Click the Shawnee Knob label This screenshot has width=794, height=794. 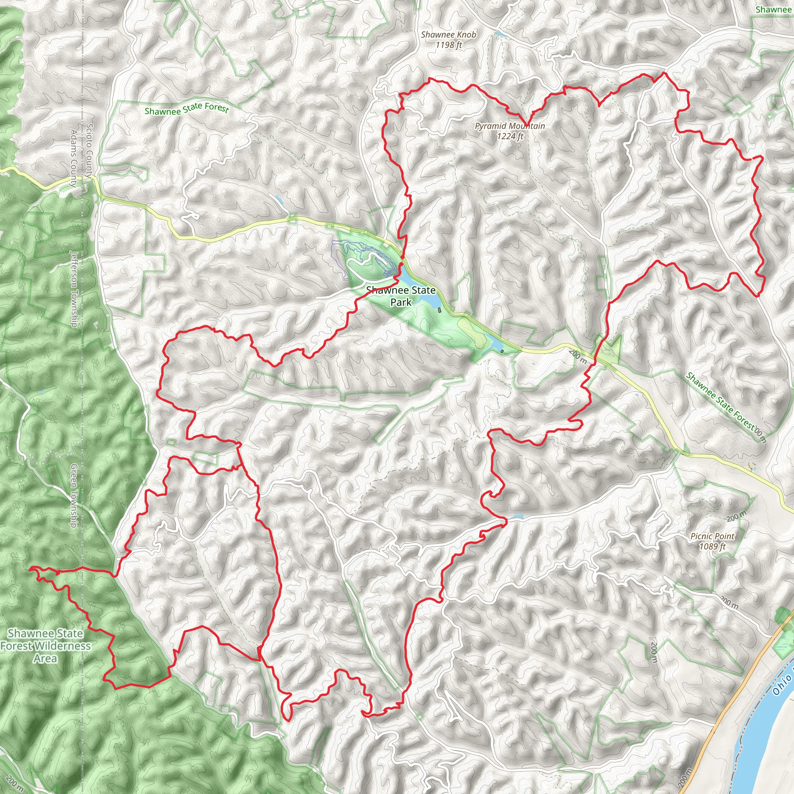(449, 35)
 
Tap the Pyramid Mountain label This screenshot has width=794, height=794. (509, 126)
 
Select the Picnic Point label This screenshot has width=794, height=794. (712, 536)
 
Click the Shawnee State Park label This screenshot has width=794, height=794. (401, 296)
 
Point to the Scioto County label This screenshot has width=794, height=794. (90, 150)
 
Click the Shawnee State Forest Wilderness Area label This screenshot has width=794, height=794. (45, 646)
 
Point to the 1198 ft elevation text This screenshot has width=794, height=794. (449, 45)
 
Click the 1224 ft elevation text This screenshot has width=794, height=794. (510, 136)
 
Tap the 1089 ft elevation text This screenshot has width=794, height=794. (712, 546)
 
